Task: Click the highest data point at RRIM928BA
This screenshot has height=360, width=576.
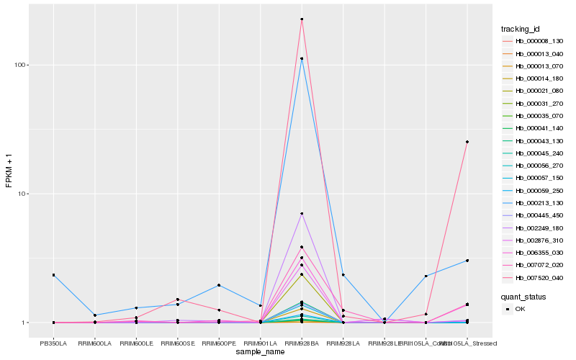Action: (302, 19)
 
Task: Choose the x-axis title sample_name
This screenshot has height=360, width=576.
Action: (260, 352)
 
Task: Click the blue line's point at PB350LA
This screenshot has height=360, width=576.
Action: (53, 275)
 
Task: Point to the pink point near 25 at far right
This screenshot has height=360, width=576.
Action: (467, 142)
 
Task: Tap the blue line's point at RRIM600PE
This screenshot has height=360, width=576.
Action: (219, 285)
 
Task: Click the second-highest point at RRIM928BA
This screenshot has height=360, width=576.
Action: (302, 58)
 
